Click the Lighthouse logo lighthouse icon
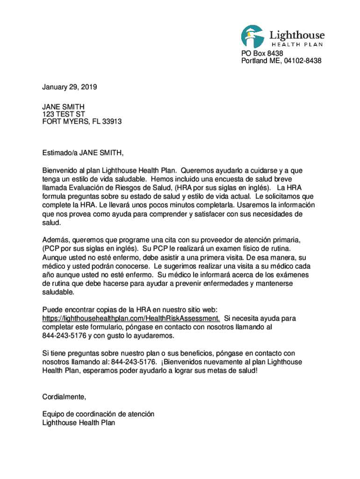[253, 36]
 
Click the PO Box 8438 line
[262, 54]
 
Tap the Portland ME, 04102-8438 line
[281, 61]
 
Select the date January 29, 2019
[69, 87]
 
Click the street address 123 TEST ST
[64, 114]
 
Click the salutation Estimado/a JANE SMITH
[83, 152]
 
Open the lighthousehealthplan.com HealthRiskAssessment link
[131, 319]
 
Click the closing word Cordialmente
[64, 397]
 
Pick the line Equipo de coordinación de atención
[98, 414]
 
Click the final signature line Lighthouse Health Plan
[79, 423]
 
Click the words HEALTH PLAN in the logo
[297, 44]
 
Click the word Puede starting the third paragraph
[52, 310]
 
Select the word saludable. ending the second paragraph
[58, 292]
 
